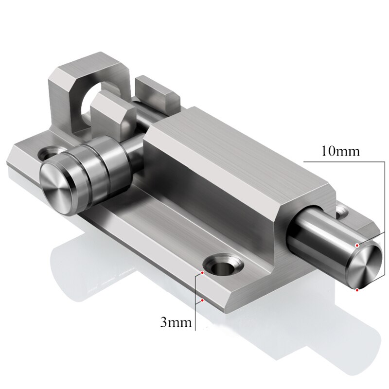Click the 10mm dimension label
click(x=340, y=151)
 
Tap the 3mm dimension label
click(x=176, y=321)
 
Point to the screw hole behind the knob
click(x=50, y=154)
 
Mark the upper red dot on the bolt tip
click(x=357, y=245)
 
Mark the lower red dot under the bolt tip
click(x=357, y=290)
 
